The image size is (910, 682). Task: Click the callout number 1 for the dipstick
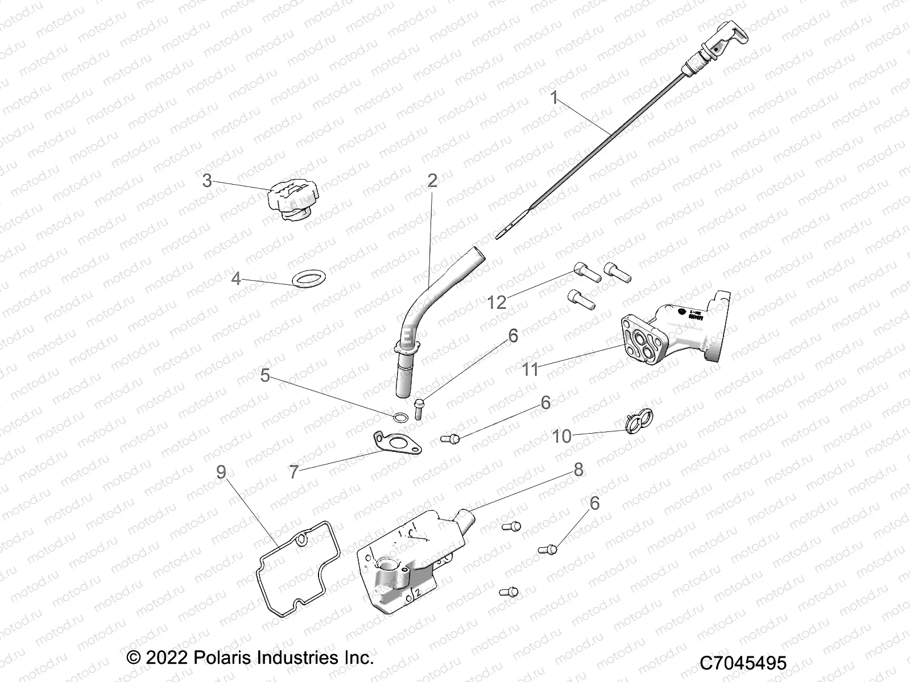click(554, 98)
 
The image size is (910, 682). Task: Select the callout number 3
click(207, 181)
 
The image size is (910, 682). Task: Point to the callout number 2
click(432, 181)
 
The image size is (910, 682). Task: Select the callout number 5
click(265, 376)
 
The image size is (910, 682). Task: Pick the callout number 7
click(293, 472)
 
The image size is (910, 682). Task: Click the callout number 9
click(221, 471)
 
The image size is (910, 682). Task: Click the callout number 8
click(578, 469)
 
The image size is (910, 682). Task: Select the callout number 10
click(562, 436)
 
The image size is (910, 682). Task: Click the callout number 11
click(530, 369)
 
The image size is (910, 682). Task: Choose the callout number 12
click(497, 302)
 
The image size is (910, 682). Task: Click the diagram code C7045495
click(742, 663)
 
